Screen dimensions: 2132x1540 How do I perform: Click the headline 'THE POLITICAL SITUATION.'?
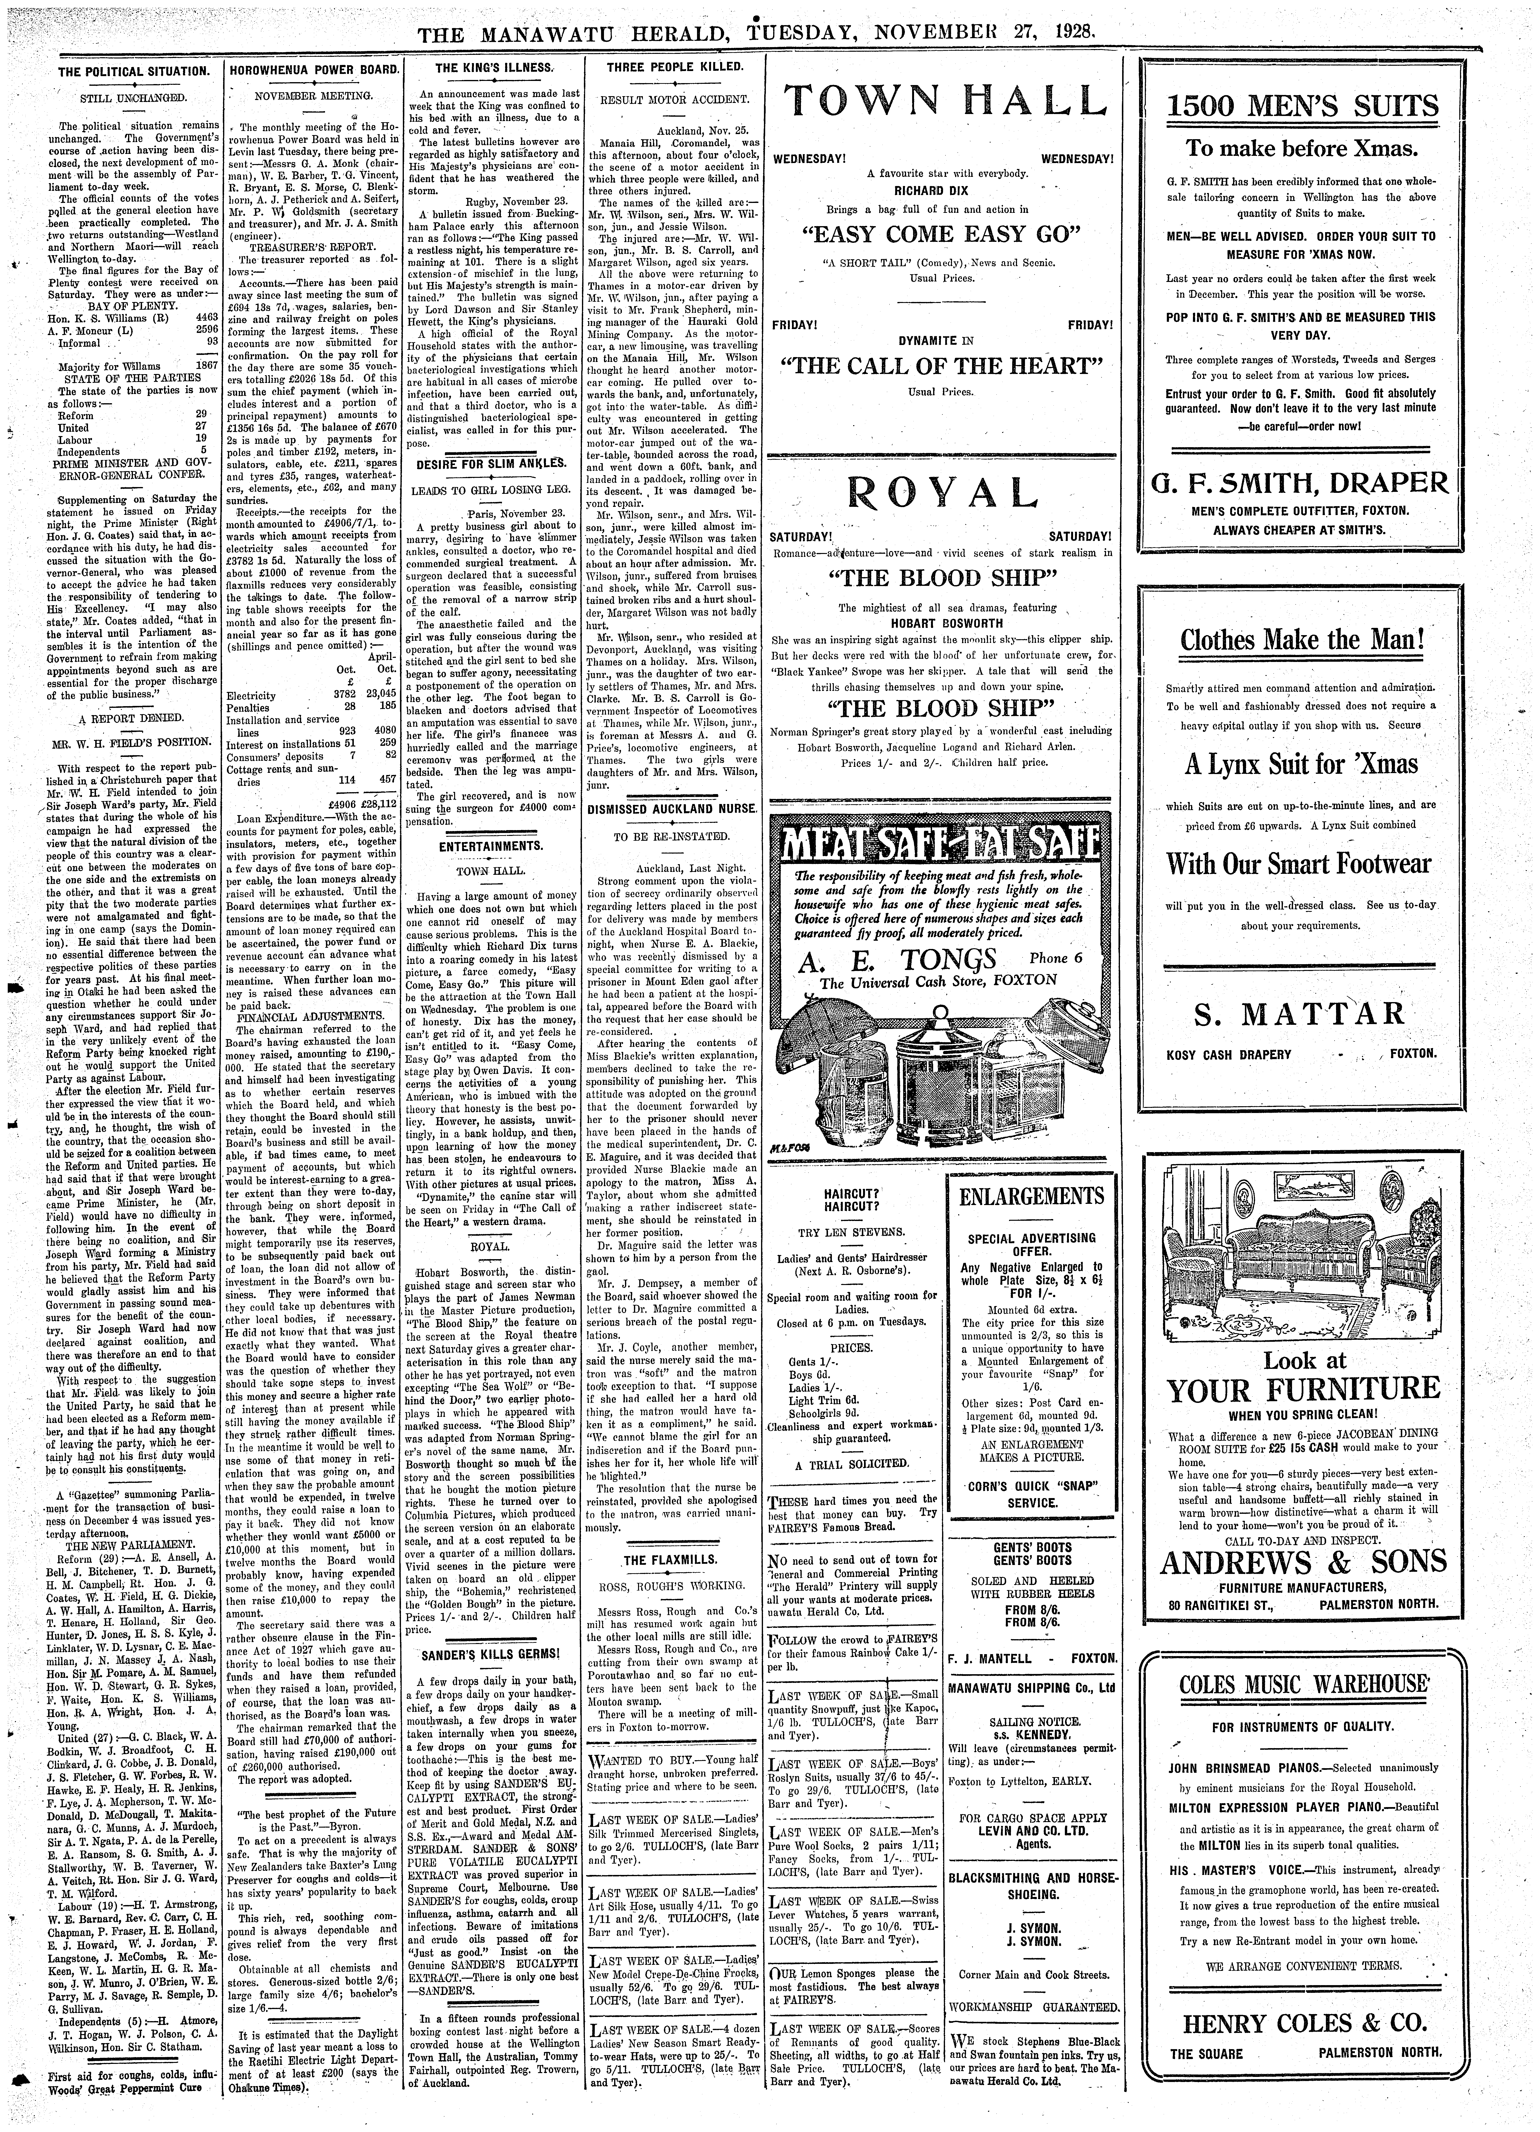coord(133,72)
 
